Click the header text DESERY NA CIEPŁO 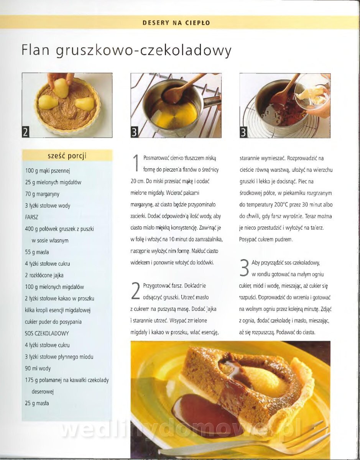(x=176, y=23)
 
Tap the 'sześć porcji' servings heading (x=67, y=156)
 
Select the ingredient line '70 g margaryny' (x=42, y=194)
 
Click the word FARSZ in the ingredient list (x=31, y=217)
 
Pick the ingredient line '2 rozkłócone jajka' (x=44, y=275)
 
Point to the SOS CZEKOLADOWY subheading (x=47, y=333)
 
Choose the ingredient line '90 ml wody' (x=38, y=368)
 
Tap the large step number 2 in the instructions (x=136, y=291)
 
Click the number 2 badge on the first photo (x=26, y=132)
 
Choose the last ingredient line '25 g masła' (x=37, y=403)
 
